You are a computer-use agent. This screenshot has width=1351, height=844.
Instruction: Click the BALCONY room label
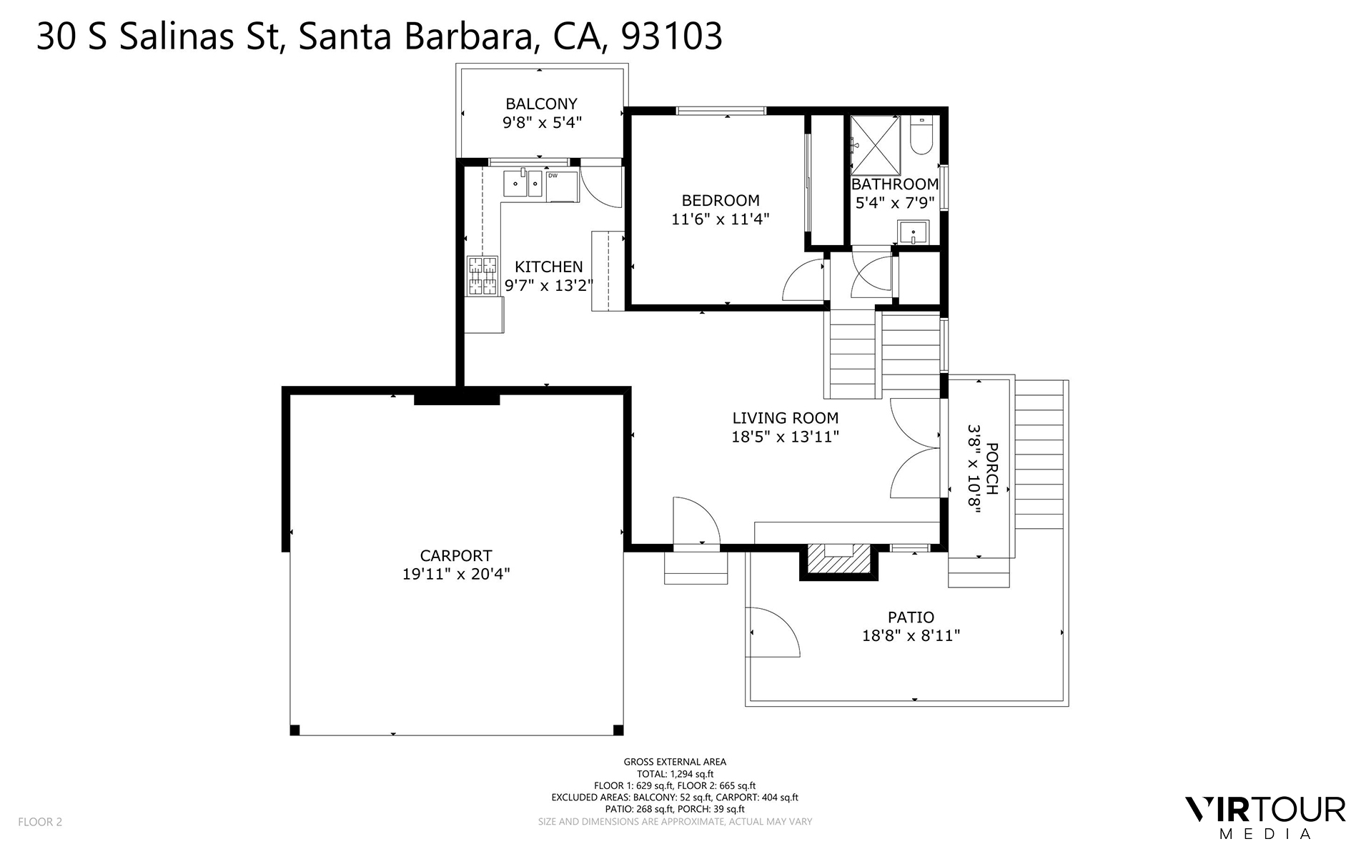pyautogui.click(x=541, y=104)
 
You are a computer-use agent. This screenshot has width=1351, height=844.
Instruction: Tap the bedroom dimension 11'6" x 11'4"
pyautogui.click(x=720, y=219)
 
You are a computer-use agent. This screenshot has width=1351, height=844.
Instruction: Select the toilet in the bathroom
pyautogui.click(x=921, y=136)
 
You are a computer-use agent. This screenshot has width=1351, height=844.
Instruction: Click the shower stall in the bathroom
pyautogui.click(x=874, y=145)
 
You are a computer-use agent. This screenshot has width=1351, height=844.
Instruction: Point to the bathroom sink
pyautogui.click(x=913, y=232)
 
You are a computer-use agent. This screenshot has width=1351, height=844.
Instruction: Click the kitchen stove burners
pyautogui.click(x=482, y=276)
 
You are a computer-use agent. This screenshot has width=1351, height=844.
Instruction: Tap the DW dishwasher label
pyautogui.click(x=553, y=175)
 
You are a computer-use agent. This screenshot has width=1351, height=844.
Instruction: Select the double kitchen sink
pyautogui.click(x=524, y=184)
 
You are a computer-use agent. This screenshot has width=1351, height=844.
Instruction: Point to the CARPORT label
pyautogui.click(x=456, y=555)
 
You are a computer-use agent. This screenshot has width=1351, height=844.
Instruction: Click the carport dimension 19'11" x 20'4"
pyautogui.click(x=456, y=574)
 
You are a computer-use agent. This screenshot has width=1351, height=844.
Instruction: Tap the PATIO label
pyautogui.click(x=911, y=617)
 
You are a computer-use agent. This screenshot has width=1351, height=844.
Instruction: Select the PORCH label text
pyautogui.click(x=992, y=469)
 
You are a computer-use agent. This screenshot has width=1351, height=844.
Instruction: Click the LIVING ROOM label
pyautogui.click(x=785, y=418)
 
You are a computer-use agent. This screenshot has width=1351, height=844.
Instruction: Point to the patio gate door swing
pyautogui.click(x=773, y=632)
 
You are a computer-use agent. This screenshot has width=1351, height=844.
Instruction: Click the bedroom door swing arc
pyautogui.click(x=803, y=280)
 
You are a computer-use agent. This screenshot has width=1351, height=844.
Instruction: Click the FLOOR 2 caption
pyautogui.click(x=40, y=822)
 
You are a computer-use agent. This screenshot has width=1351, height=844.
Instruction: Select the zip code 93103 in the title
pyautogui.click(x=672, y=36)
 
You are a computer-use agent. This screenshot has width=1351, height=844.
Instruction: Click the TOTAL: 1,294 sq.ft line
pyautogui.click(x=675, y=773)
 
